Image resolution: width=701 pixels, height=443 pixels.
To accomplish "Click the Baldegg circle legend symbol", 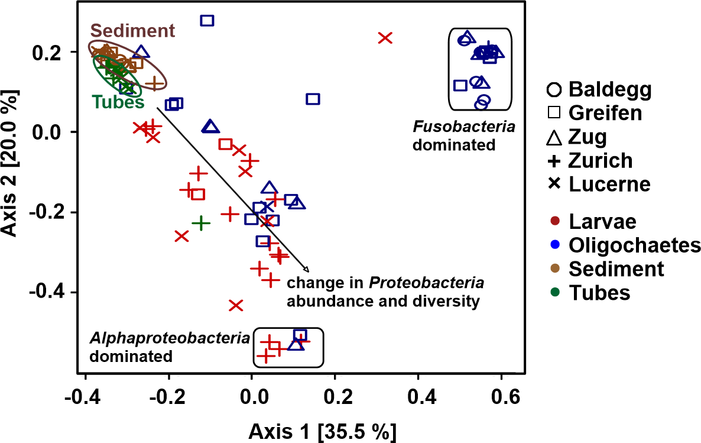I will click(554, 90).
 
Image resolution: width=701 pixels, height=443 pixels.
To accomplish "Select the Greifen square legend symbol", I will click(554, 113).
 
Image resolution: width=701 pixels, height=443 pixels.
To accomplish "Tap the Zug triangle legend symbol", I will click(554, 138).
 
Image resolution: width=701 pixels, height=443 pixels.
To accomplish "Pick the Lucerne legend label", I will click(609, 184).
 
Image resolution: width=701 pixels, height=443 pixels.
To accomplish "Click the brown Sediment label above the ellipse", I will click(132, 31).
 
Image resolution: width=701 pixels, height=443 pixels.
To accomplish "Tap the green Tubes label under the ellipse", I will click(118, 102).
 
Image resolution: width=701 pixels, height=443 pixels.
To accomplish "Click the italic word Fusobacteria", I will click(463, 127).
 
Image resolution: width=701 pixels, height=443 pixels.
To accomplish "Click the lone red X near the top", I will click(385, 38).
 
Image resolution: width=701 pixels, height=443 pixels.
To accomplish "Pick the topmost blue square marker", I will click(207, 21).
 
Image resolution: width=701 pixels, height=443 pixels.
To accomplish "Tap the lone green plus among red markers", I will click(201, 223).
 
